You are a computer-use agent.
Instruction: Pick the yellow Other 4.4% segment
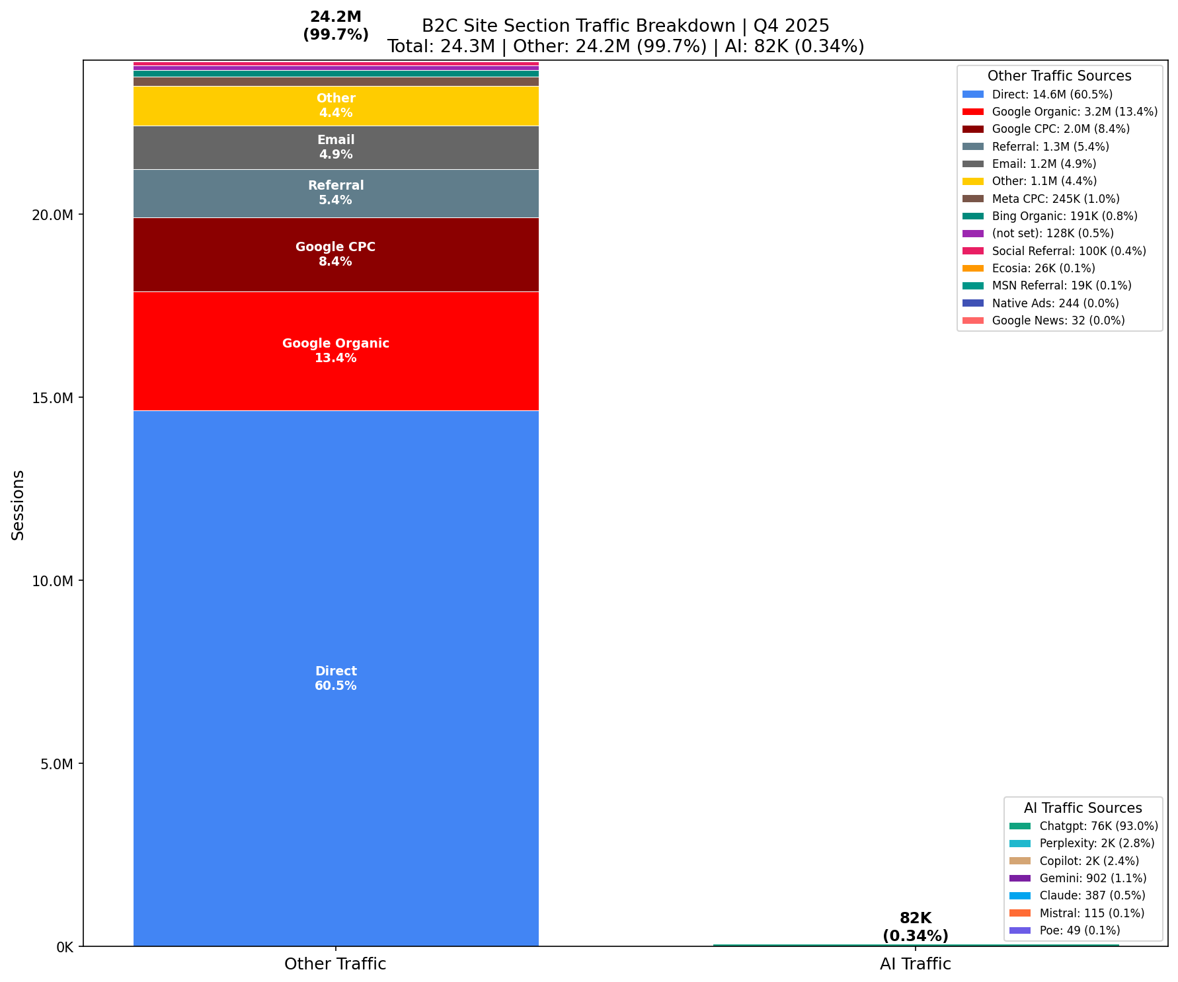point(336,106)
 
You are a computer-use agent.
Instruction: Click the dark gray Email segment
point(336,147)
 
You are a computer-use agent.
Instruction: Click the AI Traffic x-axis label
point(915,964)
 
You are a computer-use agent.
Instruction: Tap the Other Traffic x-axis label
point(335,964)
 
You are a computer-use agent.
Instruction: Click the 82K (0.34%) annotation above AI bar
point(915,926)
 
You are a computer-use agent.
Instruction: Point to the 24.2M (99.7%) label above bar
point(336,26)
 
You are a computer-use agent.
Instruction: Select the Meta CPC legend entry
point(1055,199)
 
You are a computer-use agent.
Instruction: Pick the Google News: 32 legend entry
point(1058,321)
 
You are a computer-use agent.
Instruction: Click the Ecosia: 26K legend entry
point(1043,268)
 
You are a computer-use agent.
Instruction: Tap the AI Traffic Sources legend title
point(1082,808)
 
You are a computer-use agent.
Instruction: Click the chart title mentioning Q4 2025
point(625,26)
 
